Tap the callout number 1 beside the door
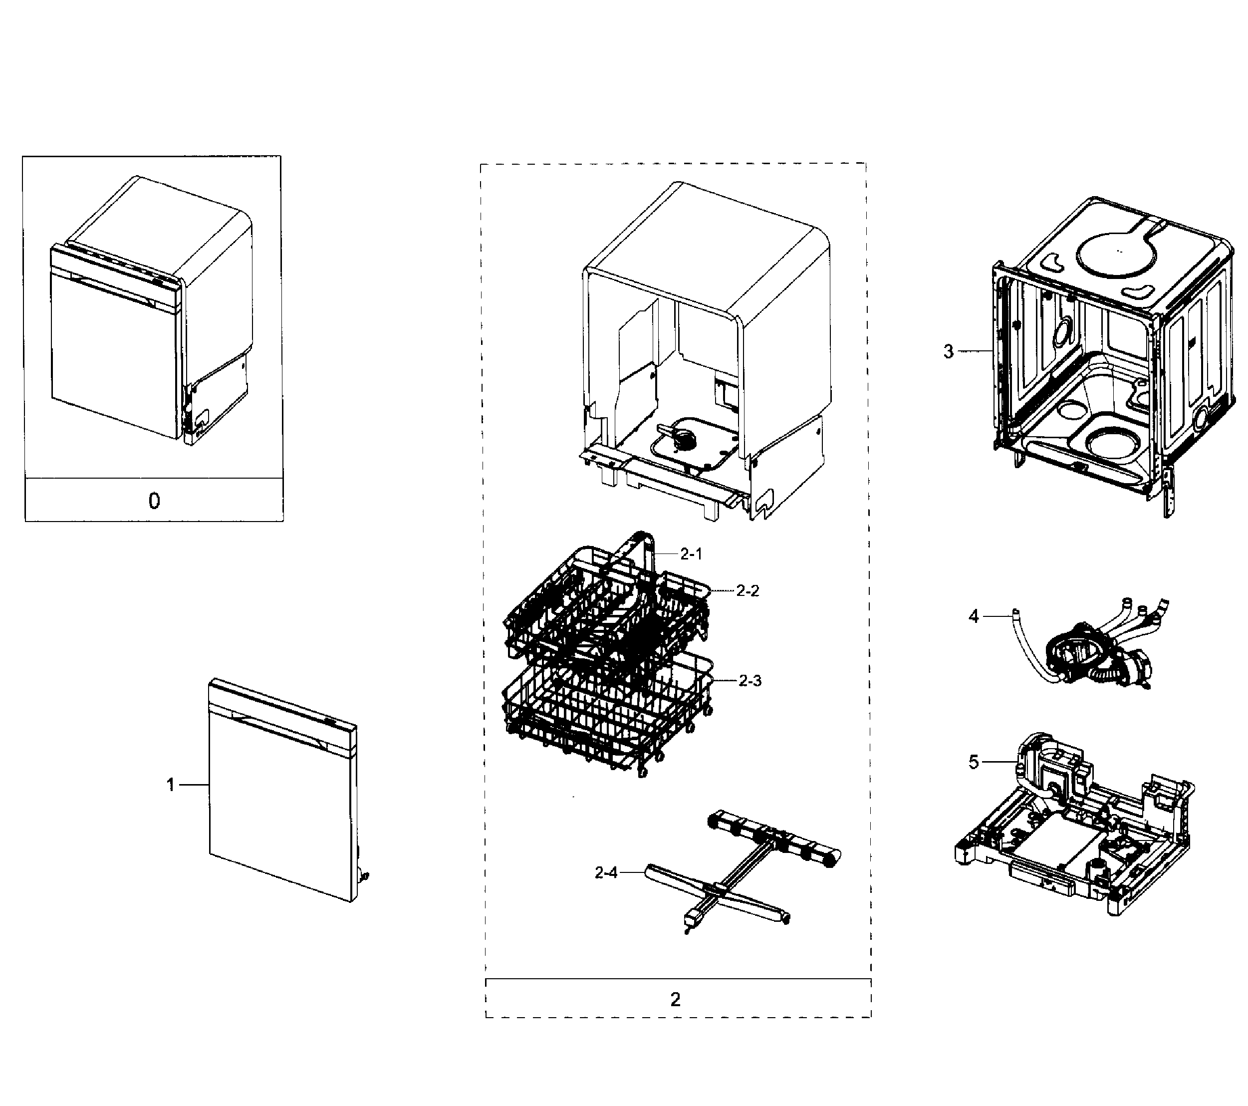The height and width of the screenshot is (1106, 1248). click(171, 785)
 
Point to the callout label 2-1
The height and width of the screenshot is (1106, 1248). click(691, 554)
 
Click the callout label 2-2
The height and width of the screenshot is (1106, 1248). click(748, 590)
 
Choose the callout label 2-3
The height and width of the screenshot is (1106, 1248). click(750, 680)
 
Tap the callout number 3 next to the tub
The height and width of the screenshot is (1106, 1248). click(948, 351)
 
